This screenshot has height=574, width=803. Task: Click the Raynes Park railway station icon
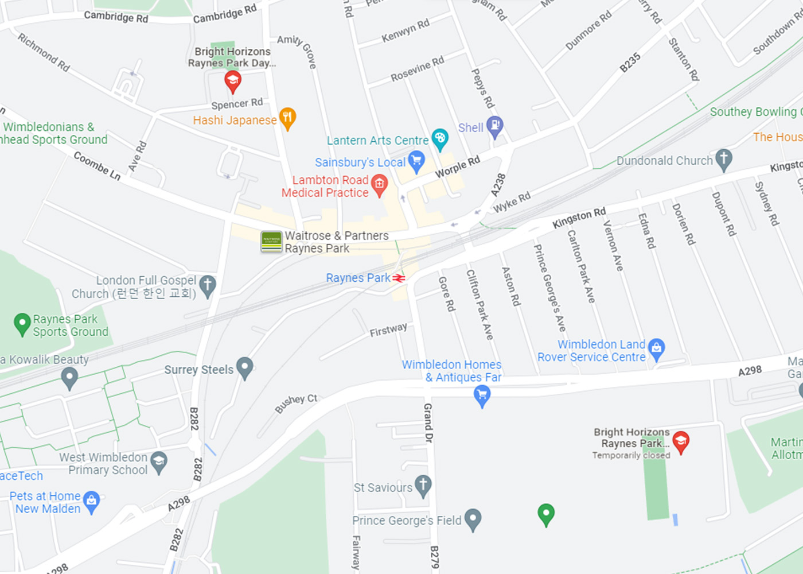click(x=399, y=278)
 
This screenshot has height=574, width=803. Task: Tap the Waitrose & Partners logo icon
click(x=271, y=242)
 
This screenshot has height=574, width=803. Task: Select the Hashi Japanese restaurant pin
click(x=287, y=118)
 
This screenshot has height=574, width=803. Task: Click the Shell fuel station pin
click(x=494, y=126)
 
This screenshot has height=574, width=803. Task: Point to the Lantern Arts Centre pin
click(x=440, y=138)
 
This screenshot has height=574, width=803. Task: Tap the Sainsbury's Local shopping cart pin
click(x=416, y=161)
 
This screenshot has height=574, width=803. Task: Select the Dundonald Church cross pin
click(x=724, y=159)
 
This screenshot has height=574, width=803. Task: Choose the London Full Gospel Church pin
click(x=207, y=285)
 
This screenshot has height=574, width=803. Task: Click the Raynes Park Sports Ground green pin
click(x=22, y=323)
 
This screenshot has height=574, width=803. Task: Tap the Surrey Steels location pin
click(x=245, y=367)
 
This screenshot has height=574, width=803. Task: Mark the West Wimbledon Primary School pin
click(x=159, y=462)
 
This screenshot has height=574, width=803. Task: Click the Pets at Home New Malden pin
click(x=91, y=501)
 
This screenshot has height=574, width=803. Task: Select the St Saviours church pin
click(x=423, y=485)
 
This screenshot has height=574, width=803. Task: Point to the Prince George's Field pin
click(x=473, y=519)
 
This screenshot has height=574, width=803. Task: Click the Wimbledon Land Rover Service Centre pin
click(x=656, y=348)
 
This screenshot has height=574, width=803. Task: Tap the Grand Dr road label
click(x=428, y=422)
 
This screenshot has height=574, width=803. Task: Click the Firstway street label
click(x=388, y=330)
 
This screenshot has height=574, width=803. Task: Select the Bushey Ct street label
click(x=296, y=404)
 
